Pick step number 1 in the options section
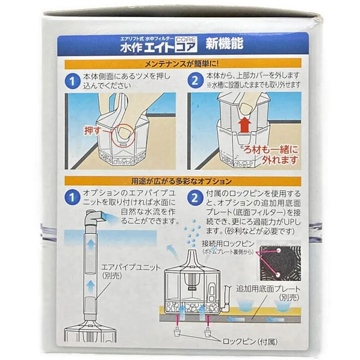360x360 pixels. click(x=73, y=198)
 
